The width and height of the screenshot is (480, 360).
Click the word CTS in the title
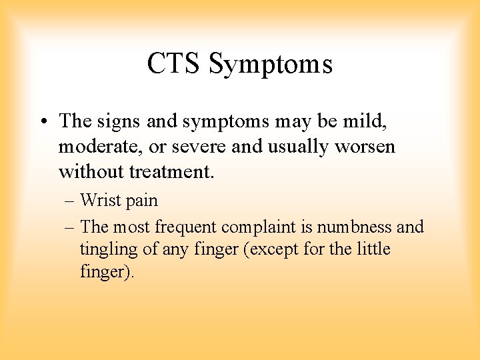tap(174, 64)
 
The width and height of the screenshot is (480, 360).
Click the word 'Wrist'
tap(101, 200)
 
